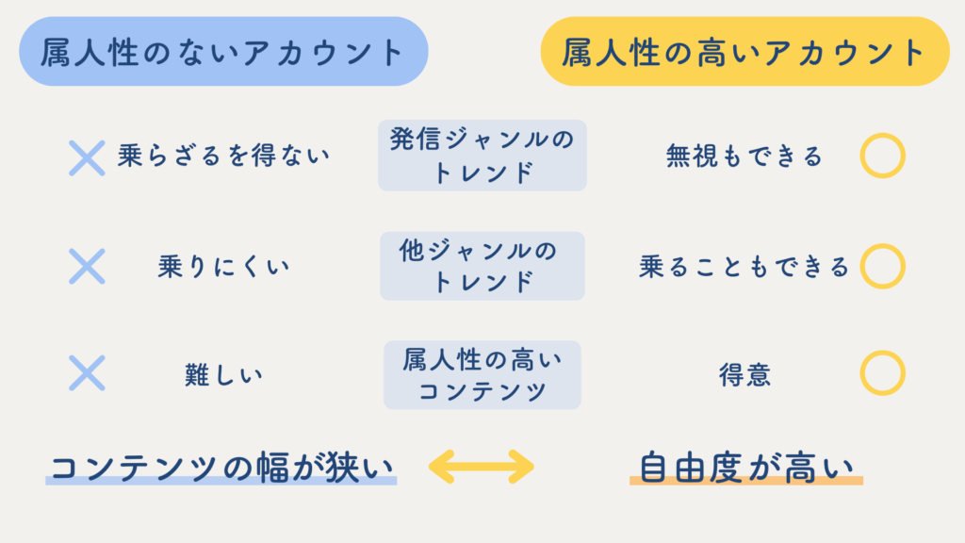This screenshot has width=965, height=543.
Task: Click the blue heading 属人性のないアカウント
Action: pyautogui.click(x=223, y=52)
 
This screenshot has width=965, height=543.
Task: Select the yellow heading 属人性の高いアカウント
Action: pyautogui.click(x=744, y=52)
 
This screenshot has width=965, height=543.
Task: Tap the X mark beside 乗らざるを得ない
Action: pyautogui.click(x=87, y=156)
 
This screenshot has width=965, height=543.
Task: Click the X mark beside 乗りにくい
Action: pyautogui.click(x=87, y=266)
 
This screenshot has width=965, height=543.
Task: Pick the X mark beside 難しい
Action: pyautogui.click(x=87, y=373)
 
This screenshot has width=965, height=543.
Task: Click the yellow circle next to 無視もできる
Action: pyautogui.click(x=882, y=156)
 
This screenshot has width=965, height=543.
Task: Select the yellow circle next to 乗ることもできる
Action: pyautogui.click(x=882, y=266)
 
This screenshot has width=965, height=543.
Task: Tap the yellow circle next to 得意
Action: pyautogui.click(x=882, y=373)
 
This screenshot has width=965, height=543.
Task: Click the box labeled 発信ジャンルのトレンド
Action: pyautogui.click(x=482, y=156)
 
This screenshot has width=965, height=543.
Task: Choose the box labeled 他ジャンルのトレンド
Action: pyautogui.click(x=482, y=266)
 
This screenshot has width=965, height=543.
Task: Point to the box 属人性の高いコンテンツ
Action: pyautogui.click(x=482, y=374)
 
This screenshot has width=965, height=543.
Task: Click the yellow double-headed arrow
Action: pyautogui.click(x=482, y=466)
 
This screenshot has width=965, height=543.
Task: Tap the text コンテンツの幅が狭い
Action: pyautogui.click(x=221, y=467)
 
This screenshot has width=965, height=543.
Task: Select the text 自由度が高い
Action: pyautogui.click(x=745, y=467)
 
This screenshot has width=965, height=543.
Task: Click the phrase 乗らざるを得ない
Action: pyautogui.click(x=224, y=156)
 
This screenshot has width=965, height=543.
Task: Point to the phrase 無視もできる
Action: pyautogui.click(x=744, y=156)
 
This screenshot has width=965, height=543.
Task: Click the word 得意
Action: pyautogui.click(x=744, y=374)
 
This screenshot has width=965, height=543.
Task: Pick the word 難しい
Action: pyautogui.click(x=224, y=374)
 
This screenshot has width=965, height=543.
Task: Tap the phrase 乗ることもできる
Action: pyautogui.click(x=744, y=267)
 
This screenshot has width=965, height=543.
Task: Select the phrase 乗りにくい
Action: pyautogui.click(x=224, y=267)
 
